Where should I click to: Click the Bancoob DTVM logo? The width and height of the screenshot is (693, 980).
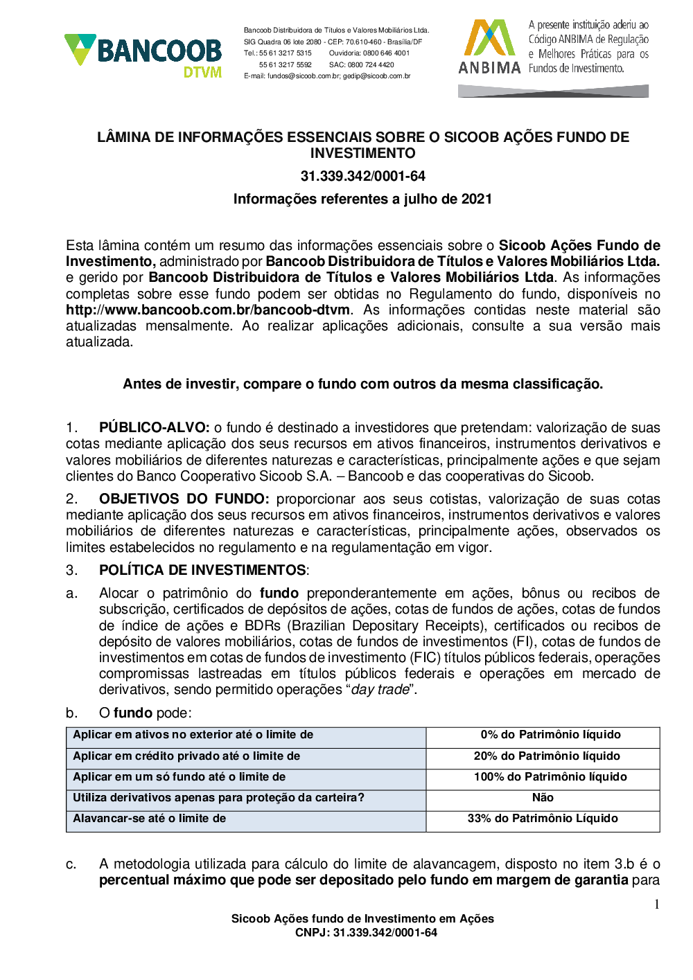tap(143, 55)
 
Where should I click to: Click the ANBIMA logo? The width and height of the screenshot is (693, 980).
tap(489, 47)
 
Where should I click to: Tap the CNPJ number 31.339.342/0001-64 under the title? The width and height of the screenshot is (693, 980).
tap(362, 177)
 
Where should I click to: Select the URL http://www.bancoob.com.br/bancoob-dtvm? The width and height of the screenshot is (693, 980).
tap(208, 310)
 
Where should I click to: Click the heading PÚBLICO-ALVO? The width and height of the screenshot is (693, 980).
tap(154, 428)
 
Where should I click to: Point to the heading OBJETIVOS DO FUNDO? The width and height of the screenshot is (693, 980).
tap(184, 499)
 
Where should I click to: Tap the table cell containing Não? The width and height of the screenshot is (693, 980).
tap(543, 798)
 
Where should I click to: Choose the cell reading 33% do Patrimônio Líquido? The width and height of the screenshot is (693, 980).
tap(543, 819)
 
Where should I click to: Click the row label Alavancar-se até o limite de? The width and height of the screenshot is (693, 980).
tap(150, 819)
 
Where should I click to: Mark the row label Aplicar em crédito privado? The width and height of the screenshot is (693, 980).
tap(186, 756)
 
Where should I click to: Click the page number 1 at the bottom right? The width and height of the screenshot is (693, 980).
tap(656, 905)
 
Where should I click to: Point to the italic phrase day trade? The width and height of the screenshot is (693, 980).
tap(380, 690)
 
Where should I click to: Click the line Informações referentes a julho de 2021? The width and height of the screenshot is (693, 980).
tap(362, 199)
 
